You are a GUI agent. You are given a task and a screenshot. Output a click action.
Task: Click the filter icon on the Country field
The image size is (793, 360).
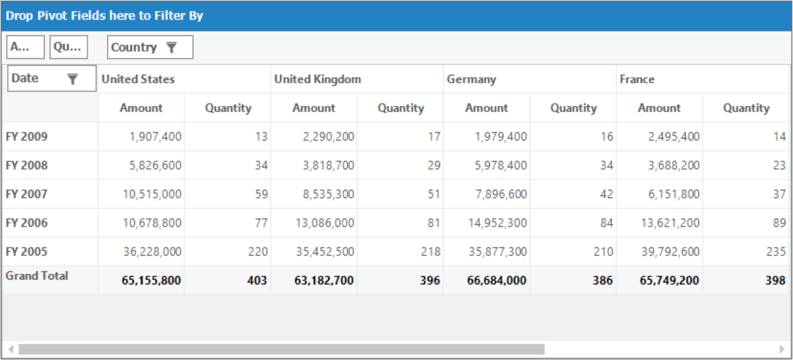coord(171,47)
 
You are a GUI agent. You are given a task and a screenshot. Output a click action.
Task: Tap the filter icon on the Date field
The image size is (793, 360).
coord(72,79)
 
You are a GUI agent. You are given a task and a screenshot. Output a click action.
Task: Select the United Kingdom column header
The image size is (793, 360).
coord(318,79)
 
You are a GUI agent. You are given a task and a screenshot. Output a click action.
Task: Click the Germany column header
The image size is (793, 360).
coord(471,79)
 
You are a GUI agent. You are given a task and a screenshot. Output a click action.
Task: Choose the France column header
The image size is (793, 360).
coord(637,79)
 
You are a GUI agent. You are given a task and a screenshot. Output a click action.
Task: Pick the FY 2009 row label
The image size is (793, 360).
coord(27,137)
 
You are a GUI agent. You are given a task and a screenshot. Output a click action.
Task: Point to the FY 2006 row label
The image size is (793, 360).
coord(27,223)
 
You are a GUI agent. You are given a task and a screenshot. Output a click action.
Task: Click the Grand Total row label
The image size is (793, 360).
coord(37,276)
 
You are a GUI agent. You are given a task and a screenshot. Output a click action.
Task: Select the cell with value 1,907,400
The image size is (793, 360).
coord(155,137)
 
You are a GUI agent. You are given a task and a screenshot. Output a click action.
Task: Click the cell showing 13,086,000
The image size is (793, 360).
coord(325,223)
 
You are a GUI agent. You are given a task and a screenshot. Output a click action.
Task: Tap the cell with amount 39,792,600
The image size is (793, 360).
coord(670,252)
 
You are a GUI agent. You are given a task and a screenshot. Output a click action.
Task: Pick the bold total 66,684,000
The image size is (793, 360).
coord(496,280)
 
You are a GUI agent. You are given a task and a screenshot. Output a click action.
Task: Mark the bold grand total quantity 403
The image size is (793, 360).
coord(257,280)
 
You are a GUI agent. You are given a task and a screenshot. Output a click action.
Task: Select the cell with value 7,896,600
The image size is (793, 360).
coord(501,194)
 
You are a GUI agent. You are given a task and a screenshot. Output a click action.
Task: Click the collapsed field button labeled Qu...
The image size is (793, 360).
coord(68,47)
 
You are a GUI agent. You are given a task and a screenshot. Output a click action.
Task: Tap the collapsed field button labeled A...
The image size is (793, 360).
coord(26,47)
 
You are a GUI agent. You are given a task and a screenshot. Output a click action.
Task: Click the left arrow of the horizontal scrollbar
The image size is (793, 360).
coord(11,349)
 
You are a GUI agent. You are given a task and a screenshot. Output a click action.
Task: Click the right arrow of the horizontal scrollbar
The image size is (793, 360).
coord(782,349)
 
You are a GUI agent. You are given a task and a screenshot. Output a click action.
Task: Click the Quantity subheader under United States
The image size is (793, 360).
coord(228,108)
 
